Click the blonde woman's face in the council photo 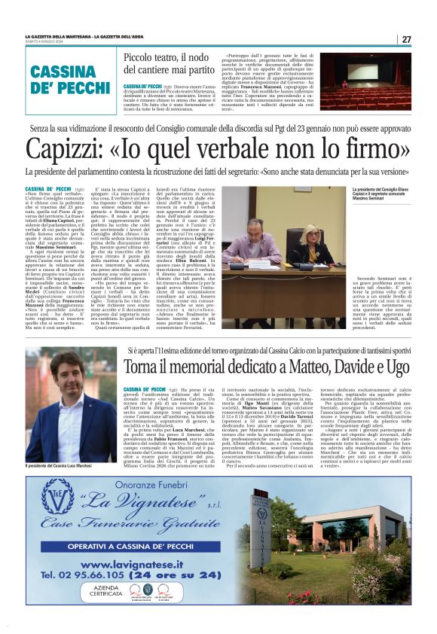311,236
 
